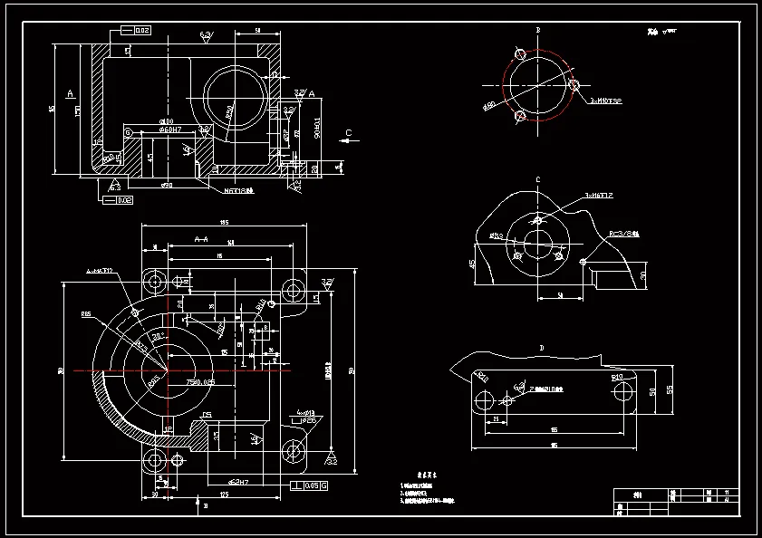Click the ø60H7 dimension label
170,130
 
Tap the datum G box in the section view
128,133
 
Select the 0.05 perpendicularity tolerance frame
309,485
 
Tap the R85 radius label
86,314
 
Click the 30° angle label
157,335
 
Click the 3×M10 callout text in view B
605,101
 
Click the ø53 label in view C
497,235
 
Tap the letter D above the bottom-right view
541,347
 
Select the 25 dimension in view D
497,419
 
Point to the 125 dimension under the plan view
223,495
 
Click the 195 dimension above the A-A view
223,223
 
